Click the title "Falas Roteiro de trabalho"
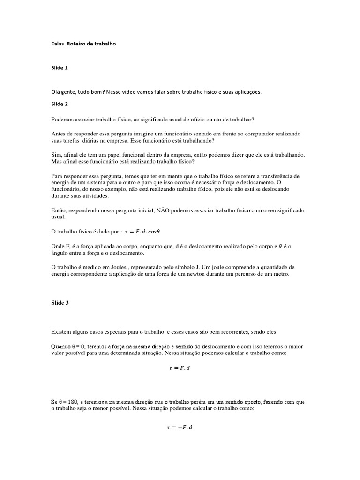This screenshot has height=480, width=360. tap(83, 44)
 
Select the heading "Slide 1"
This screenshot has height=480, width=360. tap(60, 68)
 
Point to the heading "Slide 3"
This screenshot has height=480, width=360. tap(60, 303)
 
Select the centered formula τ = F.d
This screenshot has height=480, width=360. tap(180, 368)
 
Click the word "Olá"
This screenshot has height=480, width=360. tap(57, 92)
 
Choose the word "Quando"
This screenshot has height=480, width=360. tap(61, 345)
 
